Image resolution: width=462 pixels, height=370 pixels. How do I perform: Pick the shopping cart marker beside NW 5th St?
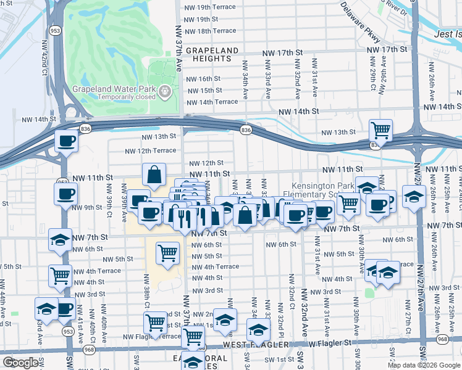coord(168,252)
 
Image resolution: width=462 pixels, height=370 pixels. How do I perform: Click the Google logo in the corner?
coord(20,363)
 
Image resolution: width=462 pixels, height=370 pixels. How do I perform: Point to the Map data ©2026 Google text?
coord(423,365)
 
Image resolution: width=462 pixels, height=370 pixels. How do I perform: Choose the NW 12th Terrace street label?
coord(150,150)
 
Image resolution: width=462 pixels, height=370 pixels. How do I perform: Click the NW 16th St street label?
coord(203,79)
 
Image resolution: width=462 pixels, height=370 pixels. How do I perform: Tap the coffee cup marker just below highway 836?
coord(67,141)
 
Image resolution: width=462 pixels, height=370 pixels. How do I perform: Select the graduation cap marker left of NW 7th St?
coord(60,239)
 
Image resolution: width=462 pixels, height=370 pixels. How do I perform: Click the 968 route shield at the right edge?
coord(442,339)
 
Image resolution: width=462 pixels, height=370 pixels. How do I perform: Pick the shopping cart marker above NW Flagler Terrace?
coord(155,321)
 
